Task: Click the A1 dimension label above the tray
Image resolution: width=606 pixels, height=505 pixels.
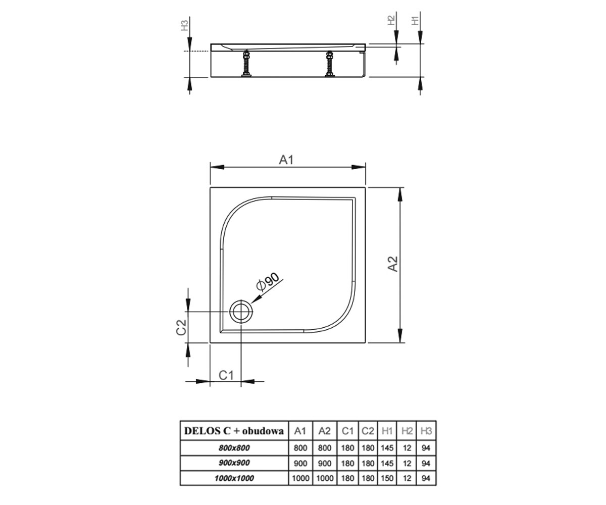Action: [x=286, y=160]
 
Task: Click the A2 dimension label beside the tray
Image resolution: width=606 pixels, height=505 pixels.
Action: [x=393, y=264]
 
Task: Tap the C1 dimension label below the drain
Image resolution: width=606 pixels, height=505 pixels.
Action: [x=226, y=375]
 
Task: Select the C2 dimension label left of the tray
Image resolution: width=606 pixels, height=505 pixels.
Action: [x=181, y=327]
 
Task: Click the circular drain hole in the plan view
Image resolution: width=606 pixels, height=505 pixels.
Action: [x=240, y=312]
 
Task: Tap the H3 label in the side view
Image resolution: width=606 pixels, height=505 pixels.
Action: [x=185, y=25]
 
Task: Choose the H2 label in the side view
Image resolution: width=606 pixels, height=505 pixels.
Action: [x=391, y=20]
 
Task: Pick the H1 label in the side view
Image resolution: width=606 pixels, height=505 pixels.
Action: [x=415, y=21]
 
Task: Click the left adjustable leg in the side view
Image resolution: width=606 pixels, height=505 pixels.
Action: [x=246, y=64]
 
